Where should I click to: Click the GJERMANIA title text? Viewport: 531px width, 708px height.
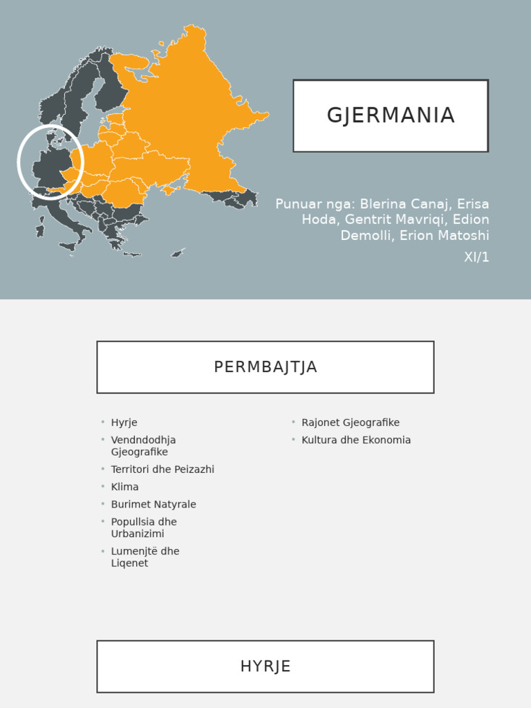pos(391,115)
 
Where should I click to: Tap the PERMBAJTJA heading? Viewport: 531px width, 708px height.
pos(265,367)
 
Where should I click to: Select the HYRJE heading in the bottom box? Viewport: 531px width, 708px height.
pos(265,667)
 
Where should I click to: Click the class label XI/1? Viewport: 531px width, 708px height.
pos(476,257)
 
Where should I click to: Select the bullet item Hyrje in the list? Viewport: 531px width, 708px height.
pos(124,422)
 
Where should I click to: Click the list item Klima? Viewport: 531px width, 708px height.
pos(124,487)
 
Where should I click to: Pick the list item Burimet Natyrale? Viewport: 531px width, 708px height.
pos(153,505)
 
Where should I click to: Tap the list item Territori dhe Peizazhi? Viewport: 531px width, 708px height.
pos(162,469)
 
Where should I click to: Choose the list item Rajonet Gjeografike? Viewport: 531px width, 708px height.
pos(351,422)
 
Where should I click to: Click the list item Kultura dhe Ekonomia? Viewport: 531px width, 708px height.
pos(356,440)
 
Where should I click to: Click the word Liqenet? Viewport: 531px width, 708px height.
pos(129,563)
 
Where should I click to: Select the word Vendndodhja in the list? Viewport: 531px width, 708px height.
pos(143,440)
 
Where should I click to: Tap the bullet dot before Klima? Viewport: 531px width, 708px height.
pos(102,487)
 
